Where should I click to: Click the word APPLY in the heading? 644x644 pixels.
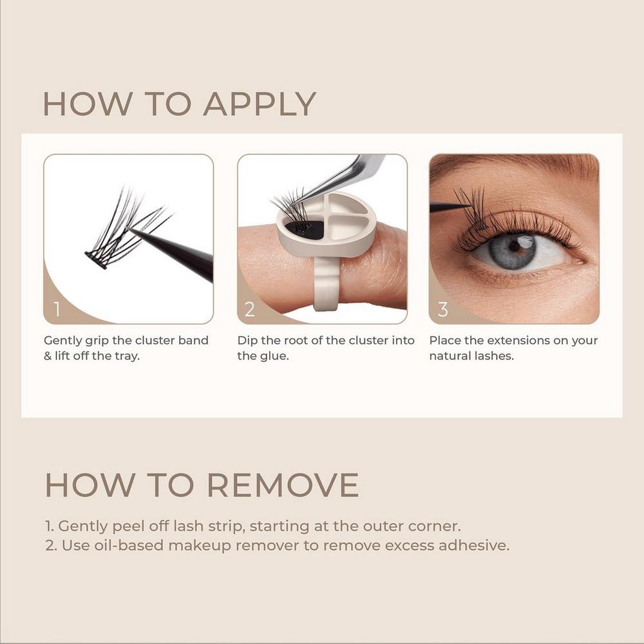tap(260, 104)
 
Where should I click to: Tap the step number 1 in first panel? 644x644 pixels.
tap(57, 310)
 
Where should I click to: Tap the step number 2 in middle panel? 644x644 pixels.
tap(250, 310)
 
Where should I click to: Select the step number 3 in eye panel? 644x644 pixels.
tap(443, 310)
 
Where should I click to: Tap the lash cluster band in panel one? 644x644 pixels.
tap(97, 260)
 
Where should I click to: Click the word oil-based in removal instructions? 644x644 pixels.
tap(142, 545)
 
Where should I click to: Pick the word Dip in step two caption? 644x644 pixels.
tap(248, 340)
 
